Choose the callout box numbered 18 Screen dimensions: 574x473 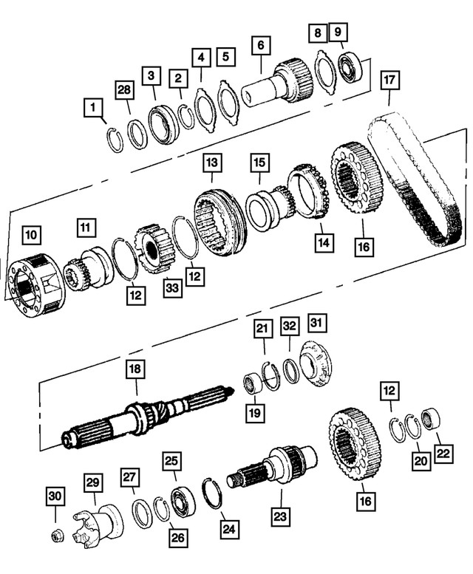point(135,368)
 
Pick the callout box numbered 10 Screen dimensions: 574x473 point(31,236)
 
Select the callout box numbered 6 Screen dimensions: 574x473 point(260,45)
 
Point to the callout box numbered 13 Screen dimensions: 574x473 point(212,161)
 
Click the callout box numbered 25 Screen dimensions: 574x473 point(171,461)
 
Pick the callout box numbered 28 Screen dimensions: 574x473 point(126,90)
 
